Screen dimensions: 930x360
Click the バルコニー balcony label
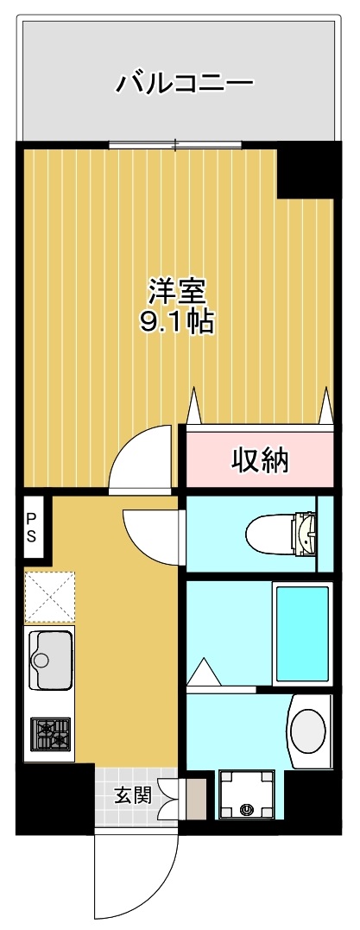coord(185,84)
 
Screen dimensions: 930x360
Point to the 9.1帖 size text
coord(178,323)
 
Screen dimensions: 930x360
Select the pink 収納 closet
coord(259,460)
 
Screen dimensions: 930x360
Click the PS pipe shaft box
coord(31,526)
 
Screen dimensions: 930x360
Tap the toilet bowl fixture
coord(281,533)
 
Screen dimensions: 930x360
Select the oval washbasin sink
coord(308,731)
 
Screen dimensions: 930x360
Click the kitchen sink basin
coord(50,660)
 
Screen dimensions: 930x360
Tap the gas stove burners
coord(50,734)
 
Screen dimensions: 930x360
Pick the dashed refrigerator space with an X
coord(49,597)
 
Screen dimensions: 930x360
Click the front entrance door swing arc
coord(138,876)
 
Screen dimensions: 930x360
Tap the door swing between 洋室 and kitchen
coord(142,458)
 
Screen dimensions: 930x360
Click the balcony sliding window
coord(176,144)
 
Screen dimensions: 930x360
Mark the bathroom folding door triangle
coord(204,672)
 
